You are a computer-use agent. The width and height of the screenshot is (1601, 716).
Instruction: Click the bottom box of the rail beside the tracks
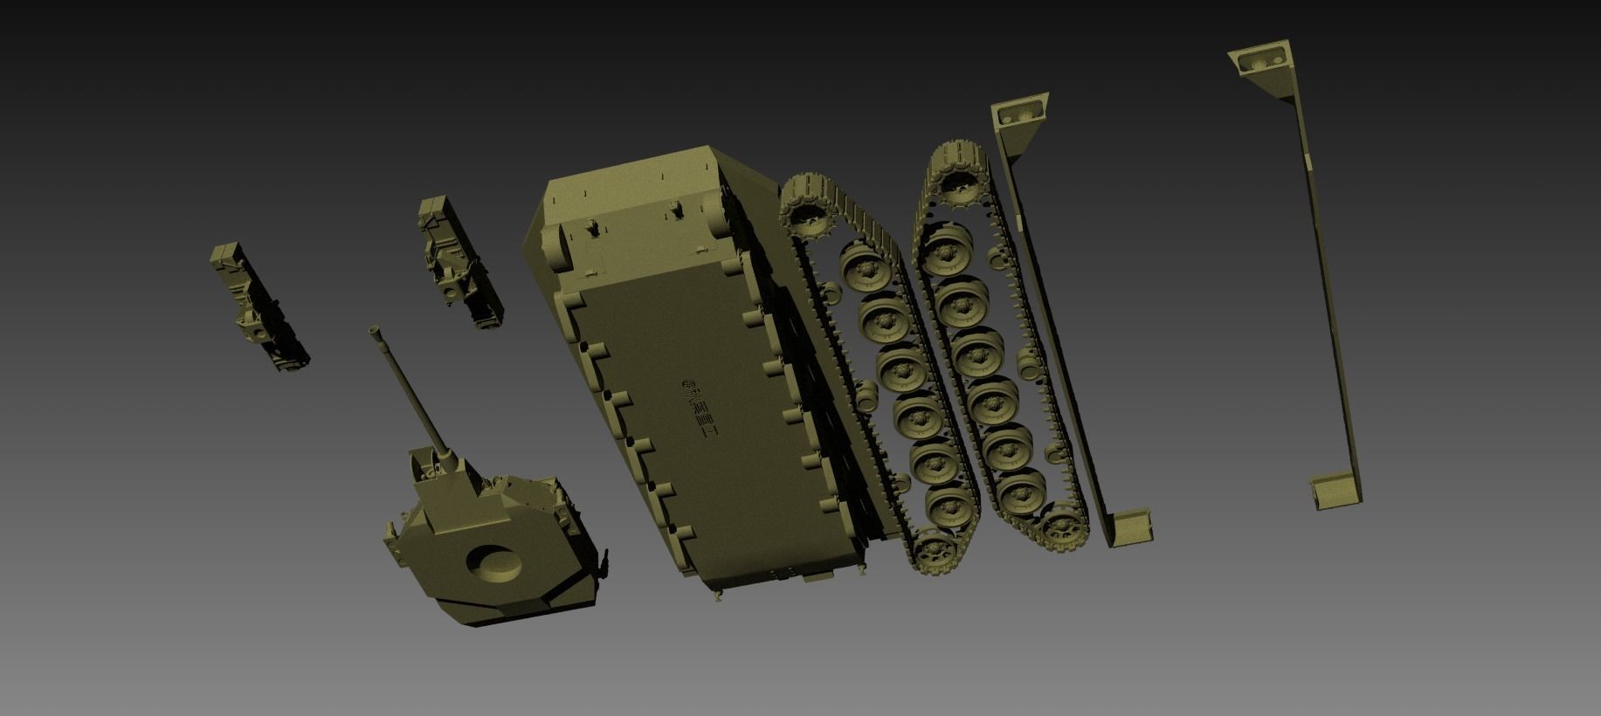pyautogui.click(x=1132, y=527)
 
